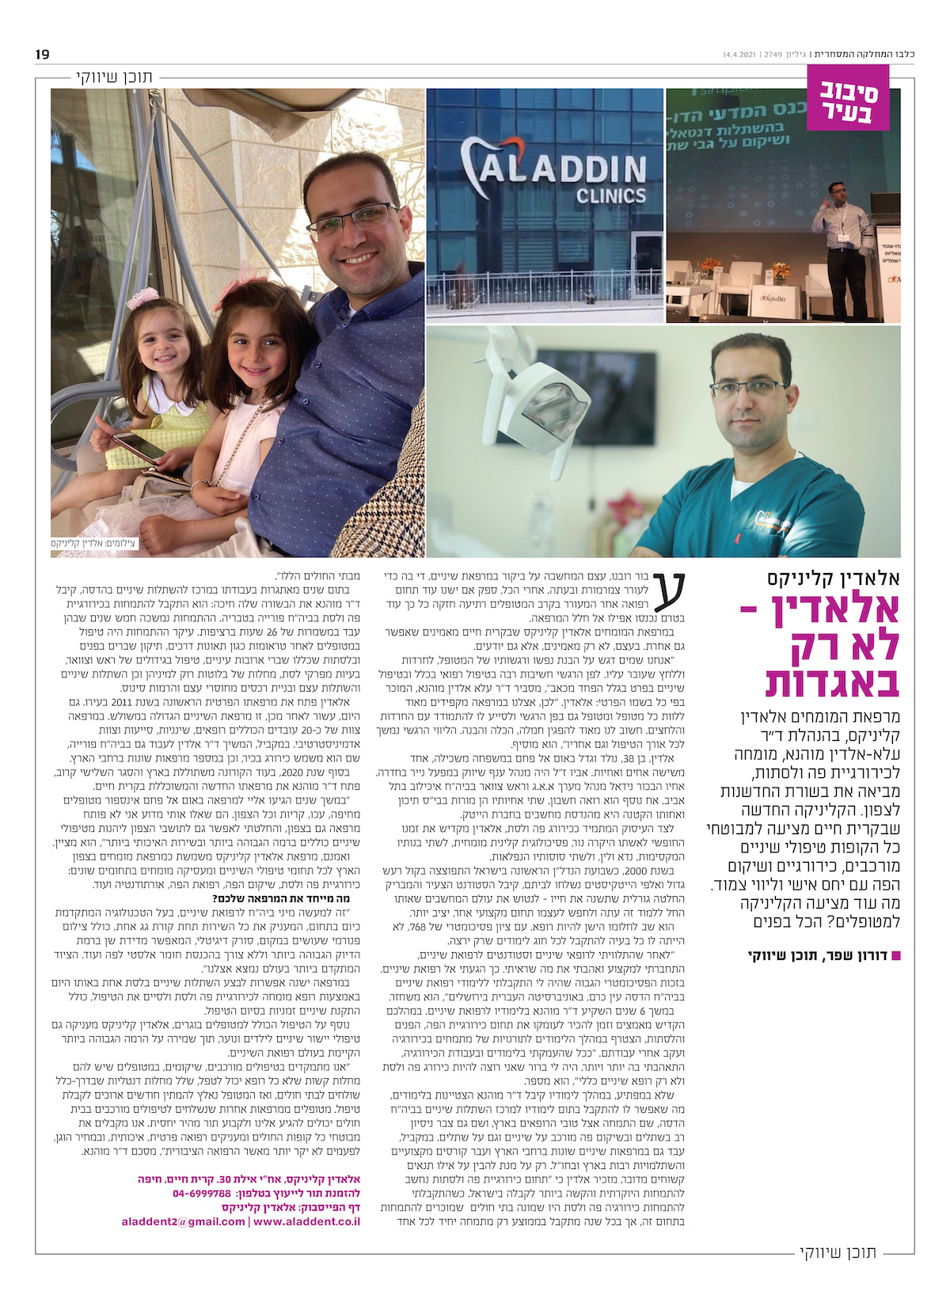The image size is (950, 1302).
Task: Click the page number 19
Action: [42, 55]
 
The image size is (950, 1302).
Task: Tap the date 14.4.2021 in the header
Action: [739, 55]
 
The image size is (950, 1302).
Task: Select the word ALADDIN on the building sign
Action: [565, 169]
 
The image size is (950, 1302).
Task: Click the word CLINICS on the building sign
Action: [610, 195]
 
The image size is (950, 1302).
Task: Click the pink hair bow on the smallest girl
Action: [143, 298]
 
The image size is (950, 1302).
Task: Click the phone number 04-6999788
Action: [202, 1193]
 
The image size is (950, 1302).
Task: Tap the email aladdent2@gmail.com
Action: [183, 1221]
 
